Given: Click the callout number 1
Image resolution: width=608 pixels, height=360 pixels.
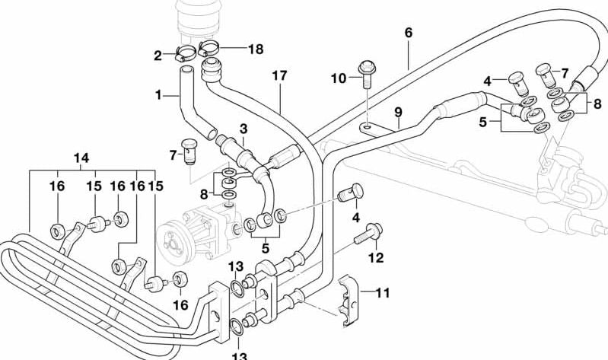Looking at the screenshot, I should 158,96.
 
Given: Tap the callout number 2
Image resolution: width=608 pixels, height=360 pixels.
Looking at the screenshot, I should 158,55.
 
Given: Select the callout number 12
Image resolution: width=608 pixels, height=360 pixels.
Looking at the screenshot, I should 377,258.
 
